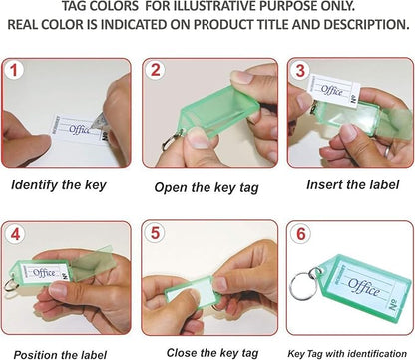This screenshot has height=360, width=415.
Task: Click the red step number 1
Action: coord(13,71)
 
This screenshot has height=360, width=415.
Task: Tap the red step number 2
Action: coord(156,70)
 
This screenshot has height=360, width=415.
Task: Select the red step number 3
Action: coord(300,71)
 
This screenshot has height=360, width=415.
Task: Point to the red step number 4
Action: coord(15,234)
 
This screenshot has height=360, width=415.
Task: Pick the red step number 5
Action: coord(156,233)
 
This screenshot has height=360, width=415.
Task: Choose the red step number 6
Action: coord(301,234)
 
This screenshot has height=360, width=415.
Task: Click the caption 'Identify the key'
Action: coord(59,185)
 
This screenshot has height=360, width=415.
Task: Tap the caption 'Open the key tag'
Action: coord(207,188)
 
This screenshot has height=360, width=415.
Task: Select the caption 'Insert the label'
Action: coord(352,184)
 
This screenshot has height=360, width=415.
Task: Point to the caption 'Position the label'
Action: coord(60,355)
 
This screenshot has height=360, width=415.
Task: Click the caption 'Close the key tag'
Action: coord(212,353)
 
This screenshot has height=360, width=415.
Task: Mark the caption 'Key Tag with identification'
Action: coord(347,354)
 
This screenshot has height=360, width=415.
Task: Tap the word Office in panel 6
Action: coord(364,288)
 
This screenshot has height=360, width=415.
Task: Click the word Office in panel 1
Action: coord(79,129)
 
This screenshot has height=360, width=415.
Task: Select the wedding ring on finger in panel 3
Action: coord(387,152)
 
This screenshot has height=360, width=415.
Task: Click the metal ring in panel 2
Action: coord(172,141)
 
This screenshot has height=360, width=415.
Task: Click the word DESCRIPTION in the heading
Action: coord(366,25)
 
